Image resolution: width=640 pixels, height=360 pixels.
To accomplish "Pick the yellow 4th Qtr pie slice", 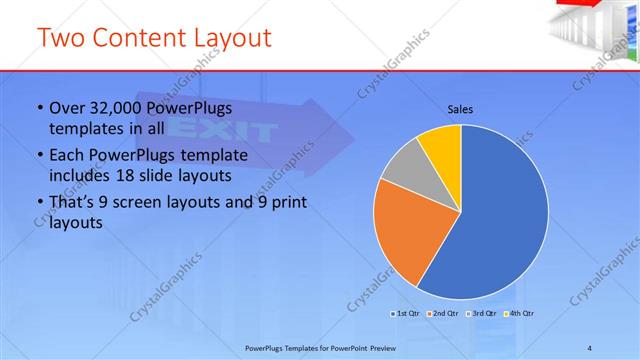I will point(441,145).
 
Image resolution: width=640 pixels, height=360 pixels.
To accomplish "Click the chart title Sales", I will point(460,109).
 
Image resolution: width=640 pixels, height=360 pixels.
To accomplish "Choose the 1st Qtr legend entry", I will point(404,313).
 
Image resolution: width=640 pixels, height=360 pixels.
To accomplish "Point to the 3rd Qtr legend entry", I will point(480,313).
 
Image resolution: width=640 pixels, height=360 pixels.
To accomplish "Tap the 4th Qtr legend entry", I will point(520,313).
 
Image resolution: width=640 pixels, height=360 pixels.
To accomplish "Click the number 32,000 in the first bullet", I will point(122,109).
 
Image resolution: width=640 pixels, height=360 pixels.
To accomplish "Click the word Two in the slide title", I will point(59,39).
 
